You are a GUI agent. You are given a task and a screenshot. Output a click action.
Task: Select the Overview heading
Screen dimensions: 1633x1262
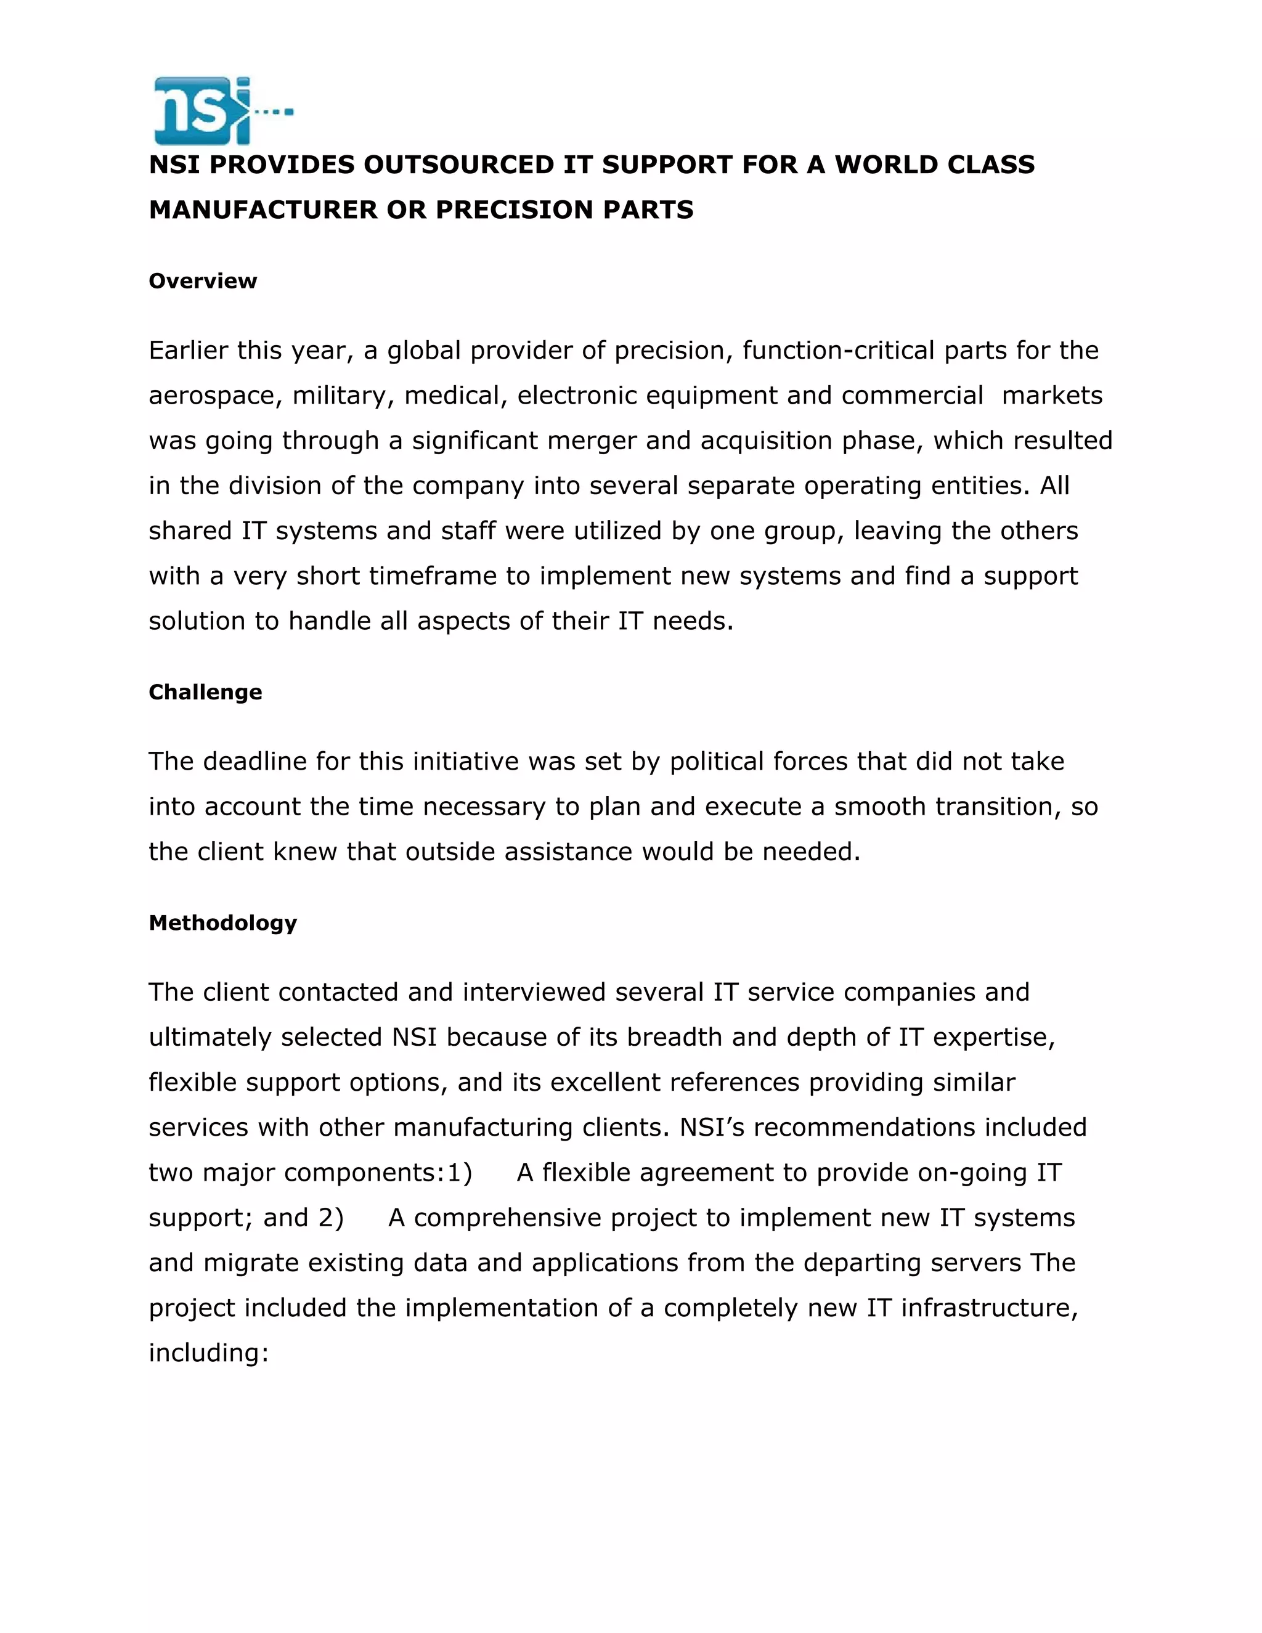[x=203, y=281]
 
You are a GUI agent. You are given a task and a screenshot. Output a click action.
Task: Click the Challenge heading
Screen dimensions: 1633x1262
[x=205, y=693]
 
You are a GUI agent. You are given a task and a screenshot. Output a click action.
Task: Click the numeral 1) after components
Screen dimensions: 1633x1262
[x=459, y=1173]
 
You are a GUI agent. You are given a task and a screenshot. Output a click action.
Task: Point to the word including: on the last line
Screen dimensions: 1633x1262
[x=208, y=1353]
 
